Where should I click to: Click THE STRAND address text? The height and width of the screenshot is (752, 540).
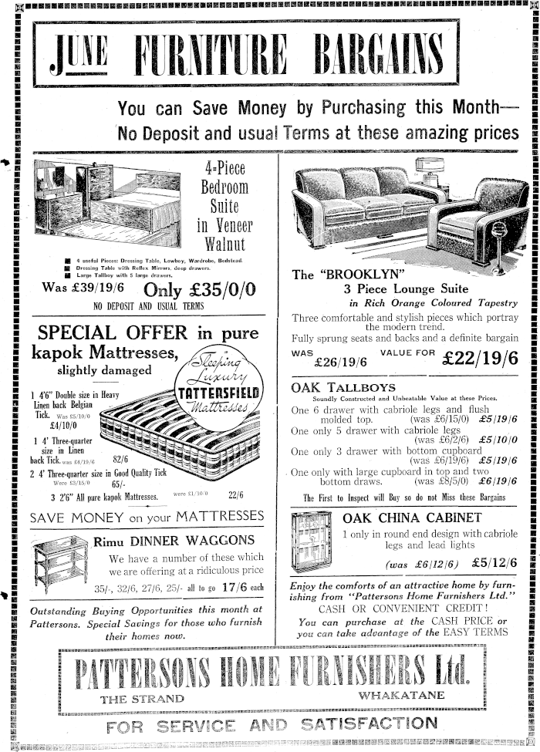pos(143,699)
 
